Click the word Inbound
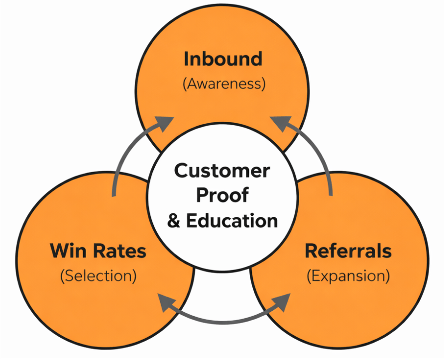coord(223,59)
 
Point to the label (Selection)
coord(98,276)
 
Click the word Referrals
coord(347,251)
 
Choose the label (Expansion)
coord(348,276)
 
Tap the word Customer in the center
coord(222,171)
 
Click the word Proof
coord(222,195)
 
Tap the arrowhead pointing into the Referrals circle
coord(281,300)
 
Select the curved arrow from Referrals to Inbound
coord(322,159)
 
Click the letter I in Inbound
coord(186,59)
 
